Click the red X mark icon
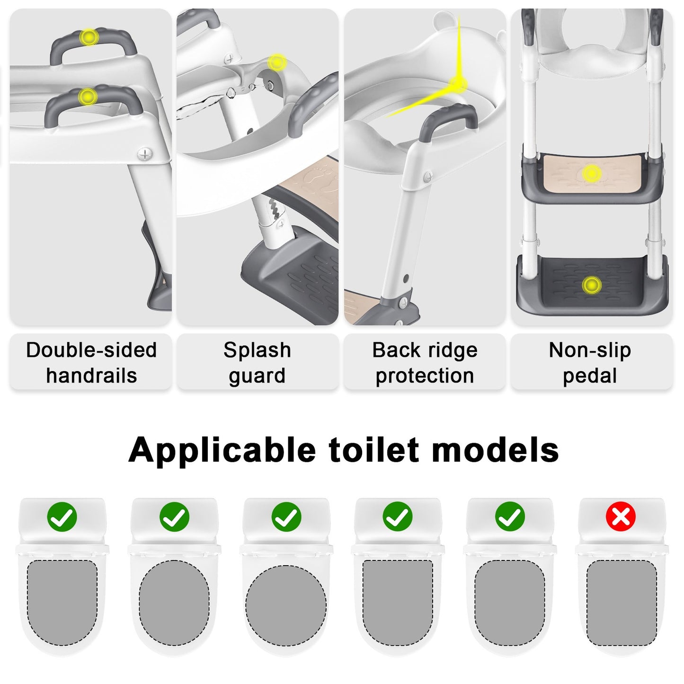621,516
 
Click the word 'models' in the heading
495,450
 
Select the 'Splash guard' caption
258,363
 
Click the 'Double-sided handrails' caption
91,363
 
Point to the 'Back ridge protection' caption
425,363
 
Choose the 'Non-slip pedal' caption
590,363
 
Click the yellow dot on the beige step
591,174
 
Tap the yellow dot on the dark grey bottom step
591,285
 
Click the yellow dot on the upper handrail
89,37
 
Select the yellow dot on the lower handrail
87,96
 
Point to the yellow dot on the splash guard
276,63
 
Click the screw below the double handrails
145,154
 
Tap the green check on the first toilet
62,516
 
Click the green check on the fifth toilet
510,516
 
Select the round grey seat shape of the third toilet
286,605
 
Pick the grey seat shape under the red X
622,603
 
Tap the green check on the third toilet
286,516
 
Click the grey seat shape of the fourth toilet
398,603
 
